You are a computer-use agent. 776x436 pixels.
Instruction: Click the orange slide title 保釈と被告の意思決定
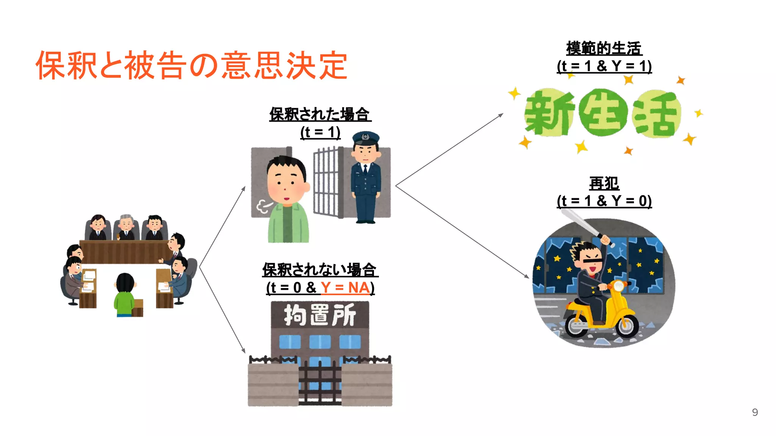(x=191, y=65)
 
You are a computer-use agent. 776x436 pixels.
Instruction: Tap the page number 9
(x=755, y=412)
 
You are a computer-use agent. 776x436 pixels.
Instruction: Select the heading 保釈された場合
(x=320, y=114)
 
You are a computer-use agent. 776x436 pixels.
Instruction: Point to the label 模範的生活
(x=604, y=48)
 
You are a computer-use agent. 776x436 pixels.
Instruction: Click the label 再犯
(x=604, y=184)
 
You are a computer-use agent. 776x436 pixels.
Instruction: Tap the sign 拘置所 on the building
(x=320, y=315)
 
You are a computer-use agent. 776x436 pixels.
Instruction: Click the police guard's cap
(x=366, y=137)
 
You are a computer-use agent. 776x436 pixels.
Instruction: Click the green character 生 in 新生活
(x=603, y=113)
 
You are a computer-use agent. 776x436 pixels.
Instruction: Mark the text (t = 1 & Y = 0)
(x=604, y=201)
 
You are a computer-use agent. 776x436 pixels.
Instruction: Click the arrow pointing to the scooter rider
(x=462, y=232)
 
